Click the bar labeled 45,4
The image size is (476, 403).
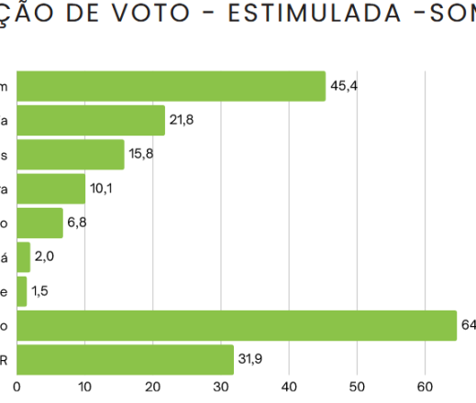(171, 86)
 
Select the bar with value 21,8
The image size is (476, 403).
(91, 120)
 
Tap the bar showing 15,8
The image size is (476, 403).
(70, 154)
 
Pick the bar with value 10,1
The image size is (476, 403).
(50, 189)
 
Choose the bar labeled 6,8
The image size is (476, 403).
(39, 223)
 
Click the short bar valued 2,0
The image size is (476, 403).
(23, 256)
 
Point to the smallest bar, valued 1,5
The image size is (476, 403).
(21, 291)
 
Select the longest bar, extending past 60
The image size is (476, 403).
(236, 325)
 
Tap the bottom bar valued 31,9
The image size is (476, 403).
(125, 359)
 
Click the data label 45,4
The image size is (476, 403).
(343, 86)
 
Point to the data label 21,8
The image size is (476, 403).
(182, 120)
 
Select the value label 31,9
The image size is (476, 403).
(250, 359)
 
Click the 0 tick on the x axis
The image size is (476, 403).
(17, 387)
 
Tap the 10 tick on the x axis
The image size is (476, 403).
(84, 387)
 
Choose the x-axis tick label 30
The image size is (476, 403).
(221, 387)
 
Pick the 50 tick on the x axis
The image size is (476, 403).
(358, 387)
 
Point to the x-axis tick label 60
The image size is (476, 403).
(426, 387)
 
